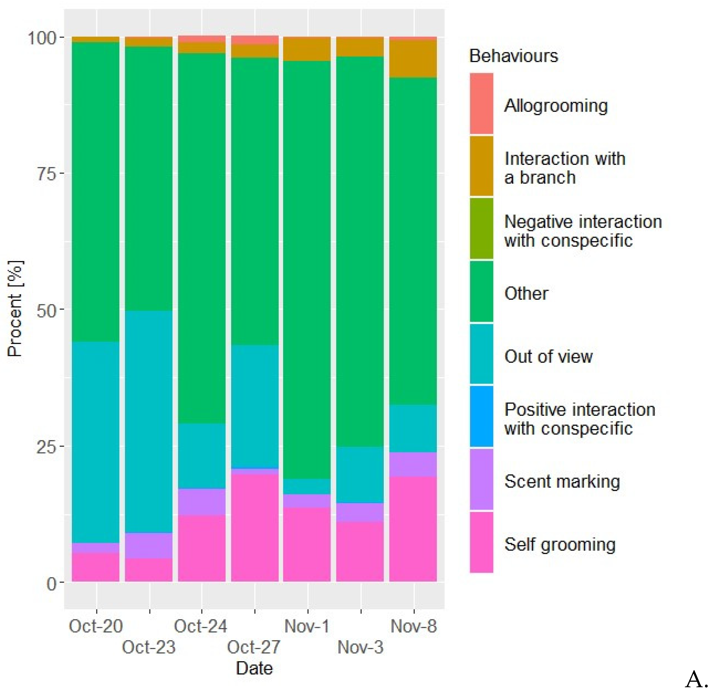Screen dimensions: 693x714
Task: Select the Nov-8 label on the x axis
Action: (x=413, y=626)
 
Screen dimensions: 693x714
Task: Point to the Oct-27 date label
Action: (x=254, y=647)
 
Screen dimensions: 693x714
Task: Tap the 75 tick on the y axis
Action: (x=47, y=174)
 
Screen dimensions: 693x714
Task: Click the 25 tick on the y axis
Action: (x=47, y=447)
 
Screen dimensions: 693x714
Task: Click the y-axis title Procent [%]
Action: (x=15, y=308)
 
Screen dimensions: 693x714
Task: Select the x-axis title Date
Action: (x=254, y=668)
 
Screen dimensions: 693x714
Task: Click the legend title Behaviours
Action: (x=513, y=56)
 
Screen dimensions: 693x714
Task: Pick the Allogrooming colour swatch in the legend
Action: (x=481, y=104)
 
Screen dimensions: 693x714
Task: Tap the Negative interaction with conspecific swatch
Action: (x=481, y=228)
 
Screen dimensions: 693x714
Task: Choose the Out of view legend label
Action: (x=548, y=356)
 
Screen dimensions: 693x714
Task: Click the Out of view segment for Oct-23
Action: (x=149, y=422)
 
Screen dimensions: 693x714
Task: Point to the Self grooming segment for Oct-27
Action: (x=255, y=528)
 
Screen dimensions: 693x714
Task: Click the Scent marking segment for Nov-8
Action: (x=413, y=464)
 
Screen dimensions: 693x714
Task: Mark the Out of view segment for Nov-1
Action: (x=307, y=486)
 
